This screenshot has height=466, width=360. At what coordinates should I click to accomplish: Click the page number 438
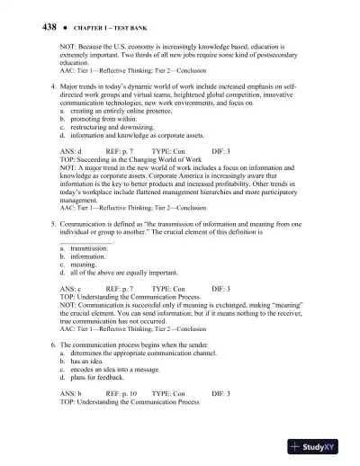click(x=26, y=28)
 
